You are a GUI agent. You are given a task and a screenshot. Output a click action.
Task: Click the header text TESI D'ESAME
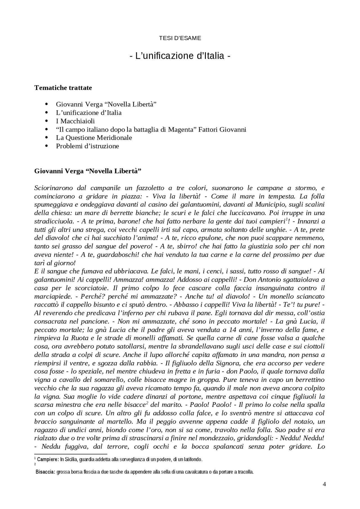pyautogui.click(x=180, y=38)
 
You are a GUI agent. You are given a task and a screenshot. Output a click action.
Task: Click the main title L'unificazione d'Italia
pyautogui.click(x=180, y=56)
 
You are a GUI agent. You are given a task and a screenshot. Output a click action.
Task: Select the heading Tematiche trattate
pyautogui.click(x=63, y=88)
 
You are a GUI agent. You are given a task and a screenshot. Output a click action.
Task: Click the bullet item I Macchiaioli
pyautogui.click(x=75, y=121)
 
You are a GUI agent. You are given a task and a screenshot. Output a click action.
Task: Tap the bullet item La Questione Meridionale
pyautogui.click(x=94, y=138)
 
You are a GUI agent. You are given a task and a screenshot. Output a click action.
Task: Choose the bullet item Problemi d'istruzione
pyautogui.click(x=87, y=146)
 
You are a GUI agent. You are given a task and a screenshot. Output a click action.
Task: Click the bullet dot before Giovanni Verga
pyautogui.click(x=47, y=104)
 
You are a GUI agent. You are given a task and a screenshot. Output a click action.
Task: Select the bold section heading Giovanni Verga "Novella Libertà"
pyautogui.click(x=87, y=171)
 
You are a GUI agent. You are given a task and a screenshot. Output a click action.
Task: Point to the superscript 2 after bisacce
pyautogui.click(x=147, y=403)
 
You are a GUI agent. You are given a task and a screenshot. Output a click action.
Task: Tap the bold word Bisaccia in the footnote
pyautogui.click(x=45, y=472)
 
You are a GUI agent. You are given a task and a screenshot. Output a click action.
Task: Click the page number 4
pyautogui.click(x=324, y=484)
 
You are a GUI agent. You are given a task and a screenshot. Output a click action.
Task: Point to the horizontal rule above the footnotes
pyautogui.click(x=71, y=454)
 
